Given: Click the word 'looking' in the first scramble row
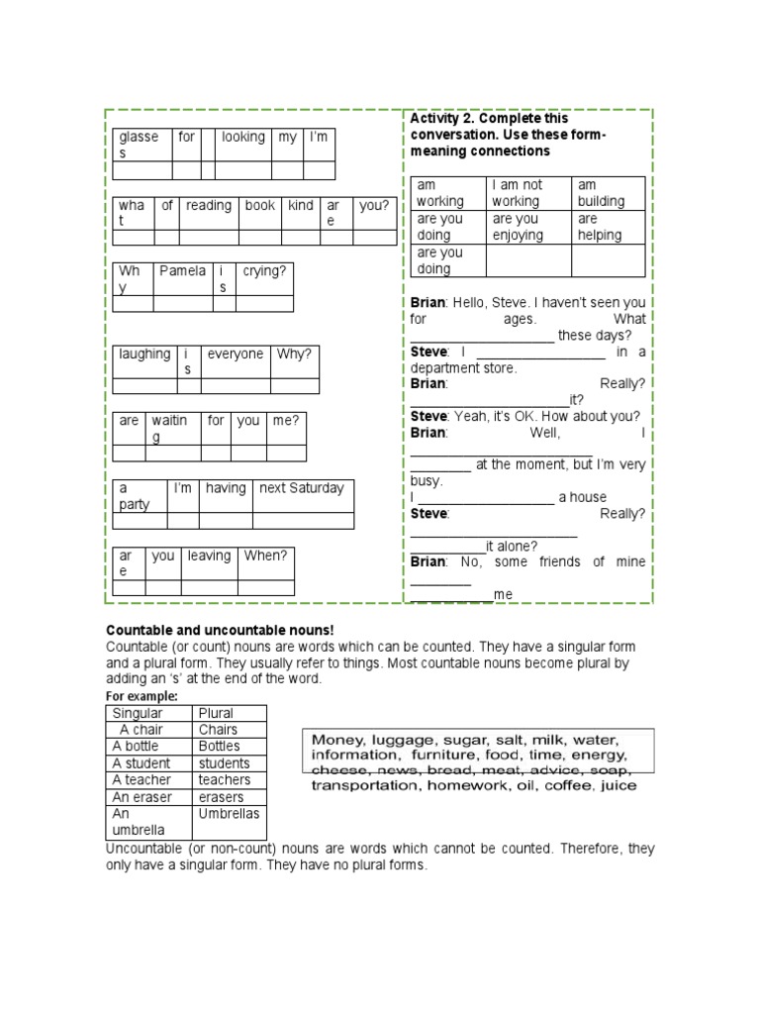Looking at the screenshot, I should pyautogui.click(x=242, y=138).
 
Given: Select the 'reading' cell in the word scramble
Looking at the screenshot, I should pyautogui.click(x=208, y=206).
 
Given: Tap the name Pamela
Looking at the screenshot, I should pyautogui.click(x=183, y=271).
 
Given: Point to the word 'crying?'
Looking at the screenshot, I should pyautogui.click(x=263, y=271).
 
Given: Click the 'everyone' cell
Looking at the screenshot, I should pyautogui.click(x=236, y=355).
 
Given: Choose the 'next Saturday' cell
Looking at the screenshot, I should pyautogui.click(x=301, y=488).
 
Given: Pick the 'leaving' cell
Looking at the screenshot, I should pyautogui.click(x=209, y=557).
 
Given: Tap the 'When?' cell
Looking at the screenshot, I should pyautogui.click(x=265, y=557).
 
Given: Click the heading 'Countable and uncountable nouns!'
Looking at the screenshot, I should pyautogui.click(x=220, y=631).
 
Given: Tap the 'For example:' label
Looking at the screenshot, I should pyautogui.click(x=142, y=697).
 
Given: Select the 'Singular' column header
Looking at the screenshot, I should pyautogui.click(x=138, y=713).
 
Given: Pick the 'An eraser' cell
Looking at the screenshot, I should pyautogui.click(x=142, y=797).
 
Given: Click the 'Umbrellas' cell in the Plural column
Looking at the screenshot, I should pyautogui.click(x=229, y=814).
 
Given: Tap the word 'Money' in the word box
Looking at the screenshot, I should pyautogui.click(x=335, y=741).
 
